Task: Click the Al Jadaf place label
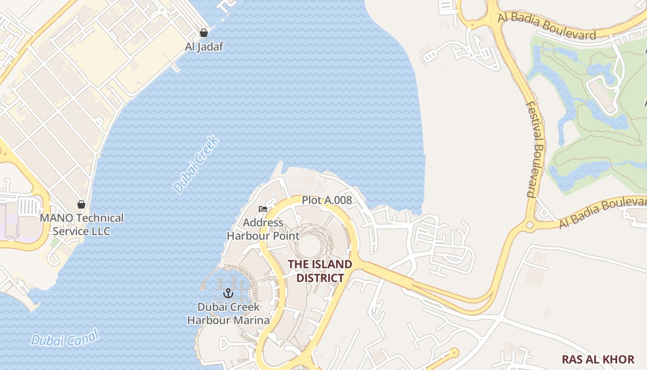point(204,46)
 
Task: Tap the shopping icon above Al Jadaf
point(203,33)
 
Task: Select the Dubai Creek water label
point(195,164)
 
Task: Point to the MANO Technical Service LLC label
point(82,224)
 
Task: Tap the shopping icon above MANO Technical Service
point(81,204)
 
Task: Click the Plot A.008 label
point(327,200)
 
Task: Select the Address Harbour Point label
point(263,229)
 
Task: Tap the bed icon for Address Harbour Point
point(263,209)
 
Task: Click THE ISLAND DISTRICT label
point(320,271)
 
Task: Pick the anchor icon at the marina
point(228,293)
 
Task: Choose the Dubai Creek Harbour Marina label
point(228,313)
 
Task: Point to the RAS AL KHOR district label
point(598,359)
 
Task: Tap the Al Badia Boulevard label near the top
point(547,26)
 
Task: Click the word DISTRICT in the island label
point(320,278)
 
